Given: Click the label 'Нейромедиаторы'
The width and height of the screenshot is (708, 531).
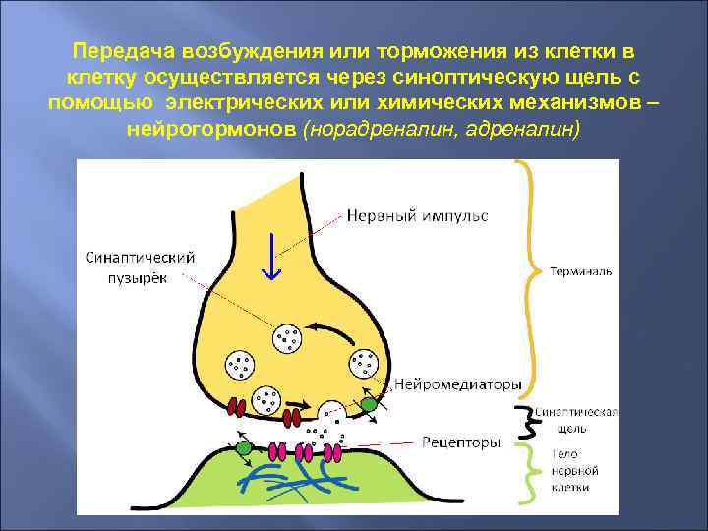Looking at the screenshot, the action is pos(458,383).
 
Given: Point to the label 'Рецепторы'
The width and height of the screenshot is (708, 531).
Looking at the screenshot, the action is pos(461,442).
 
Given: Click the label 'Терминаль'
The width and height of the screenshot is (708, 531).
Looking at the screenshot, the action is pos(580,269).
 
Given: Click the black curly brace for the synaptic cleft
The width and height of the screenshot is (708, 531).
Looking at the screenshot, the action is pos(532,426).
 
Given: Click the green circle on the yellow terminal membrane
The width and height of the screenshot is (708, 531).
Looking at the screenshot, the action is pos(368,402).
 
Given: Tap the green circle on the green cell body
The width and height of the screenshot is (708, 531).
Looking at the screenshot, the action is pos(242,448).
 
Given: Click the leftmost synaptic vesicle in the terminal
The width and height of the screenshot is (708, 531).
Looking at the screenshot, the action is pos(239,367).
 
